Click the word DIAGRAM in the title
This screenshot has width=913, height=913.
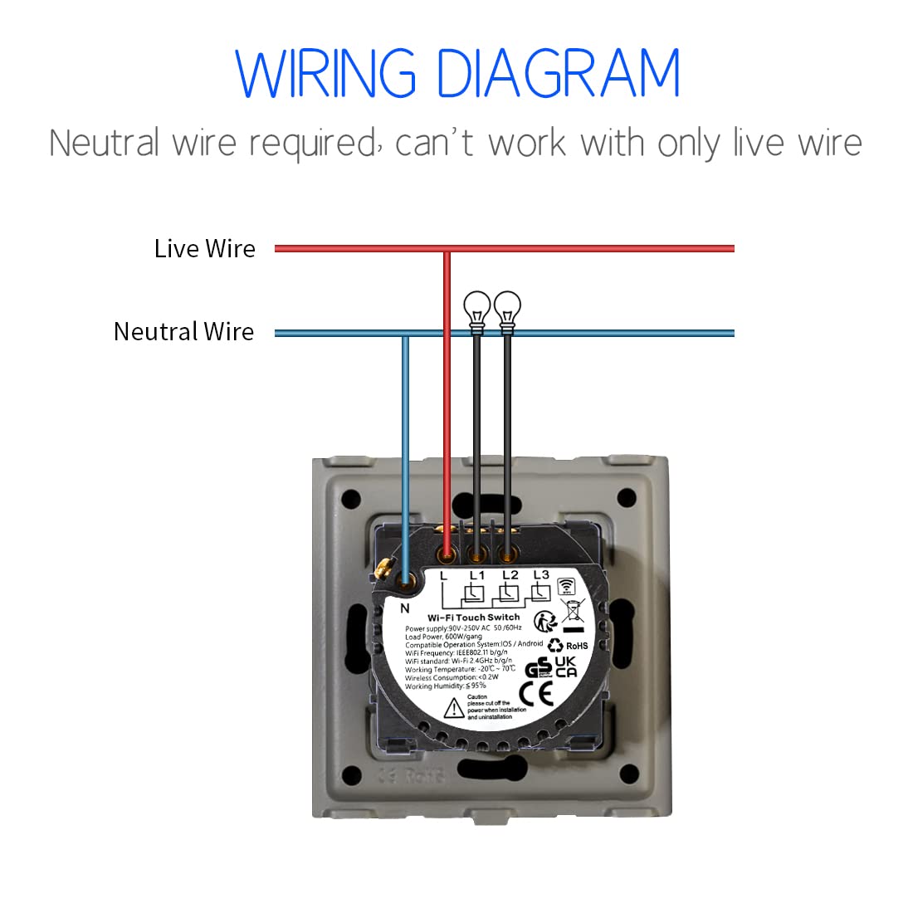coord(558,75)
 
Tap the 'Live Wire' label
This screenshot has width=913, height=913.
coord(204,248)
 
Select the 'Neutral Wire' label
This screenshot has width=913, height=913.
coord(183,332)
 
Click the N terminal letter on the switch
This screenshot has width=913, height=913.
coord(405,608)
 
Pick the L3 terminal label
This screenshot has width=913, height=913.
coord(541,574)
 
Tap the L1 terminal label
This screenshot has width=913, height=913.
coord(476,574)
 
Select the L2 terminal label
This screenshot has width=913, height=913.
coord(510,574)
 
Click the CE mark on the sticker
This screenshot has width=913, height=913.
coord(535,693)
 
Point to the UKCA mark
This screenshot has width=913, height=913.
coord(565,666)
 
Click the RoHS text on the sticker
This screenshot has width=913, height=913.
coord(577,645)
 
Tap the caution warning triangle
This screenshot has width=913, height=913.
coord(454,708)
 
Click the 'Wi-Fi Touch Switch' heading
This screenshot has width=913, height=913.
coord(473,618)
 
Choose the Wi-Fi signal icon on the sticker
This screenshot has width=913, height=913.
coord(566,586)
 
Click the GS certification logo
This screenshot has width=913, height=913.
coord(539,667)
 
